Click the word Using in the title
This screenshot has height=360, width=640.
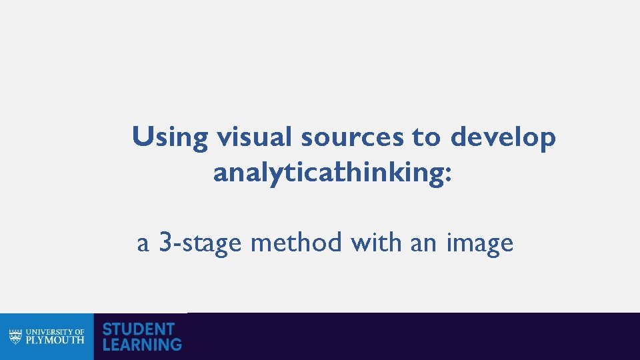(x=170, y=138)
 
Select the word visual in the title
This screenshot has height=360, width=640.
(x=255, y=137)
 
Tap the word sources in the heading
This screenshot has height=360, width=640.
(x=352, y=138)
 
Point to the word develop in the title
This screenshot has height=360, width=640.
(x=503, y=138)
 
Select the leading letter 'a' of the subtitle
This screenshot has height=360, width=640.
(x=143, y=245)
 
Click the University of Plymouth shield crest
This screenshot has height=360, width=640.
(x=15, y=336)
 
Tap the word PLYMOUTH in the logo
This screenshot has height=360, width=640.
(x=55, y=340)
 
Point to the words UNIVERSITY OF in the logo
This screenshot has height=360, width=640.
(x=55, y=331)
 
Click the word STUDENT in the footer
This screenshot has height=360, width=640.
(x=138, y=329)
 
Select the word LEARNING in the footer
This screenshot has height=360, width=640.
(x=142, y=345)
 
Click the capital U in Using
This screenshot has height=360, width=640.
(x=142, y=137)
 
